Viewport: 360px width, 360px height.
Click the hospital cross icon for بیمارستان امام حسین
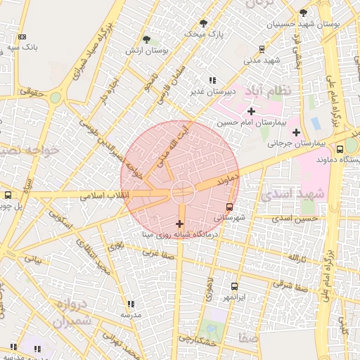pyautogui.click(x=251, y=111)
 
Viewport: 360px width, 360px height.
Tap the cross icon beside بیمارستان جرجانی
pyautogui.click(x=296, y=132)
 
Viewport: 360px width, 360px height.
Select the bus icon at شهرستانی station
pyautogui.click(x=230, y=207)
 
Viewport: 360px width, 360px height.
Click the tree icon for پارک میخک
pyautogui.click(x=204, y=23)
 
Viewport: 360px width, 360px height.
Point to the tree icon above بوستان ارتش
pyautogui.click(x=146, y=40)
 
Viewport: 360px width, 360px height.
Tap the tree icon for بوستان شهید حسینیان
pyautogui.click(x=303, y=13)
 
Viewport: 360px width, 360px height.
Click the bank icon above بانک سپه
pyautogui.click(x=22, y=37)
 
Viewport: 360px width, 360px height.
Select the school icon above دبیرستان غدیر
pyautogui.click(x=213, y=80)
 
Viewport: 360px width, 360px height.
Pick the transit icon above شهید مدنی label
pyautogui.click(x=262, y=49)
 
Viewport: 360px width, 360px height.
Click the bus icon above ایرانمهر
pyautogui.click(x=234, y=287)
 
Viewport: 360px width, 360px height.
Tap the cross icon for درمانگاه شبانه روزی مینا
pyautogui.click(x=179, y=224)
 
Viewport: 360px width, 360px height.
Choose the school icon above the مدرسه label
pyautogui.click(x=130, y=304)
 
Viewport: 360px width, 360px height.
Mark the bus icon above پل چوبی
pyautogui.click(x=8, y=195)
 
